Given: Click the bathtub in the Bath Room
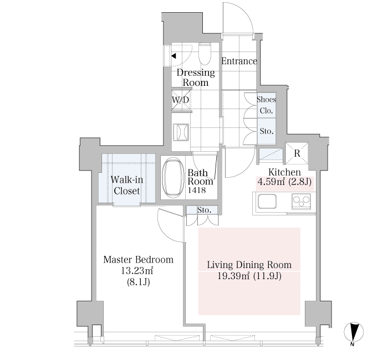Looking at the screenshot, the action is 173,178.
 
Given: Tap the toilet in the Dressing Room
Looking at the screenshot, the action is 205,54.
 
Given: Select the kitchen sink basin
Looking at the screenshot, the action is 267,201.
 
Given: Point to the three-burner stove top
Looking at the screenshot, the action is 301,201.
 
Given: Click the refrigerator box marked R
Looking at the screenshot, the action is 297,153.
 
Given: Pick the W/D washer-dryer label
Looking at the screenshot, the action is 180,100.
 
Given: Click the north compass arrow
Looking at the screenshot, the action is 354,332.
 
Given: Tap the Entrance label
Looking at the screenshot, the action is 239,61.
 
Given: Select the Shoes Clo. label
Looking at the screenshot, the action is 266,105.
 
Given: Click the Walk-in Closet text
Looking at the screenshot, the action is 127,185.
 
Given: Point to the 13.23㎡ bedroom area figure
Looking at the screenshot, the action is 137,271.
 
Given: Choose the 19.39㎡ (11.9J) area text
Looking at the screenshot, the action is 249,276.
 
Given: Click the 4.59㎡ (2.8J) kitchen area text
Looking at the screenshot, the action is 284,182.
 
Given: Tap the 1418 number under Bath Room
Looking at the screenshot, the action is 197,190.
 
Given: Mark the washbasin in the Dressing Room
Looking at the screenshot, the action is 181,132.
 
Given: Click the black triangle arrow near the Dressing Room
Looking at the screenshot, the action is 173,56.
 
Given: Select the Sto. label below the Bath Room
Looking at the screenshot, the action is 204,210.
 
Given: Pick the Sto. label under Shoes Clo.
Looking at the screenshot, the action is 267,131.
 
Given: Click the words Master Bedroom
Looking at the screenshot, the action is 139,260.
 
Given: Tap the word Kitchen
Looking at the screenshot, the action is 284,172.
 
